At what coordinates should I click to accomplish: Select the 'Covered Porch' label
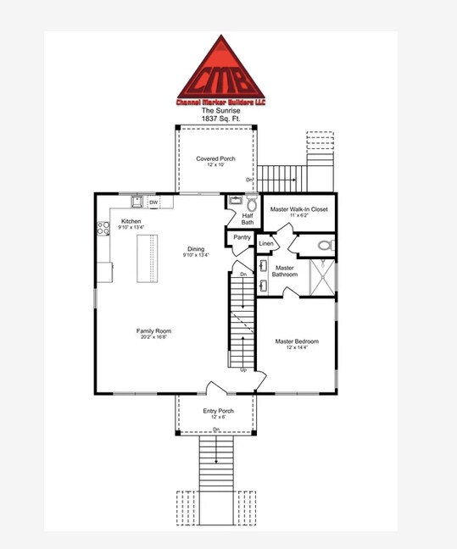click(x=215, y=158)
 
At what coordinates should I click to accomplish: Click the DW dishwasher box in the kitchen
click(x=153, y=202)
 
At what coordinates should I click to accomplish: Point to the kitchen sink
click(x=136, y=202)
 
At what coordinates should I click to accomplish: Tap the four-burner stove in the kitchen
click(x=103, y=227)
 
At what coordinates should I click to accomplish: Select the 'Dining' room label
click(x=195, y=250)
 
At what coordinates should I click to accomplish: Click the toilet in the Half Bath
click(x=251, y=204)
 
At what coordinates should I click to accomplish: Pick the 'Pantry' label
click(x=242, y=238)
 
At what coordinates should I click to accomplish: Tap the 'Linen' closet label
click(x=266, y=244)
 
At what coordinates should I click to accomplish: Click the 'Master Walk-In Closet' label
click(x=298, y=208)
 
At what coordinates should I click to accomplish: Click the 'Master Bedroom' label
click(x=297, y=341)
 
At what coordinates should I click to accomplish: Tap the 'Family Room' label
click(x=154, y=331)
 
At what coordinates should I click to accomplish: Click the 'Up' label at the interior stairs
click(x=244, y=370)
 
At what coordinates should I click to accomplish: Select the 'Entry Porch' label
click(x=218, y=412)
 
